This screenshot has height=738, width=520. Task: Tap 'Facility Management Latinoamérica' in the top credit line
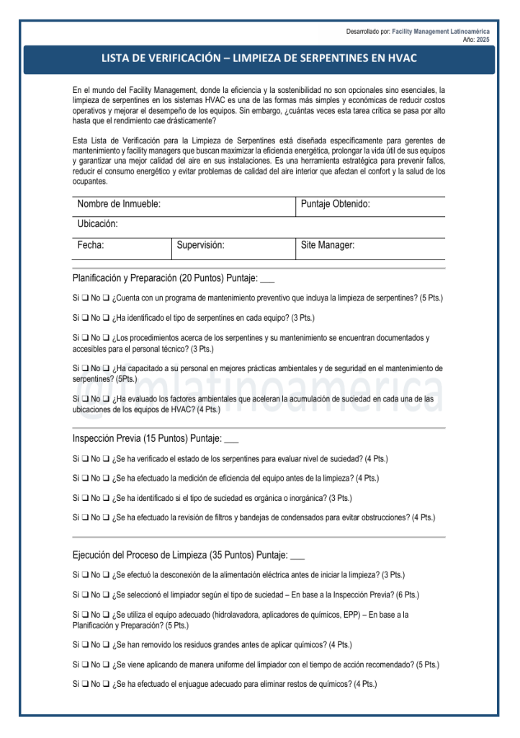coord(441,32)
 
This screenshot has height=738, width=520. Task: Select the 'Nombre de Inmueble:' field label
coord(119,205)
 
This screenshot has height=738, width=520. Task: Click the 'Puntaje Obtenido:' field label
coord(336,205)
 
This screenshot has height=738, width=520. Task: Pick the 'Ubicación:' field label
coord(98,224)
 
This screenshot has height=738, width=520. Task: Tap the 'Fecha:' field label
coord(91,246)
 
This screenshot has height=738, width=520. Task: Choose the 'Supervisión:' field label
coord(201,246)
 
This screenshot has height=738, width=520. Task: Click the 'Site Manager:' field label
coord(328,246)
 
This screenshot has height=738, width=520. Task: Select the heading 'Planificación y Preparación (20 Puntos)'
coord(148,278)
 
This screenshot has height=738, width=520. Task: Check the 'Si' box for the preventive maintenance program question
coord(85,298)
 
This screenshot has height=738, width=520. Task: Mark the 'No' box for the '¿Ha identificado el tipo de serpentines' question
coord(106,318)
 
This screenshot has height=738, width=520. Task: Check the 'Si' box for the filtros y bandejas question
coord(85,517)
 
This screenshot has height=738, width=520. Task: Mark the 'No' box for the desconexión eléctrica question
coord(106,575)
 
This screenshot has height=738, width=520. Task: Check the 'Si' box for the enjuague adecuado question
coord(85,684)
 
